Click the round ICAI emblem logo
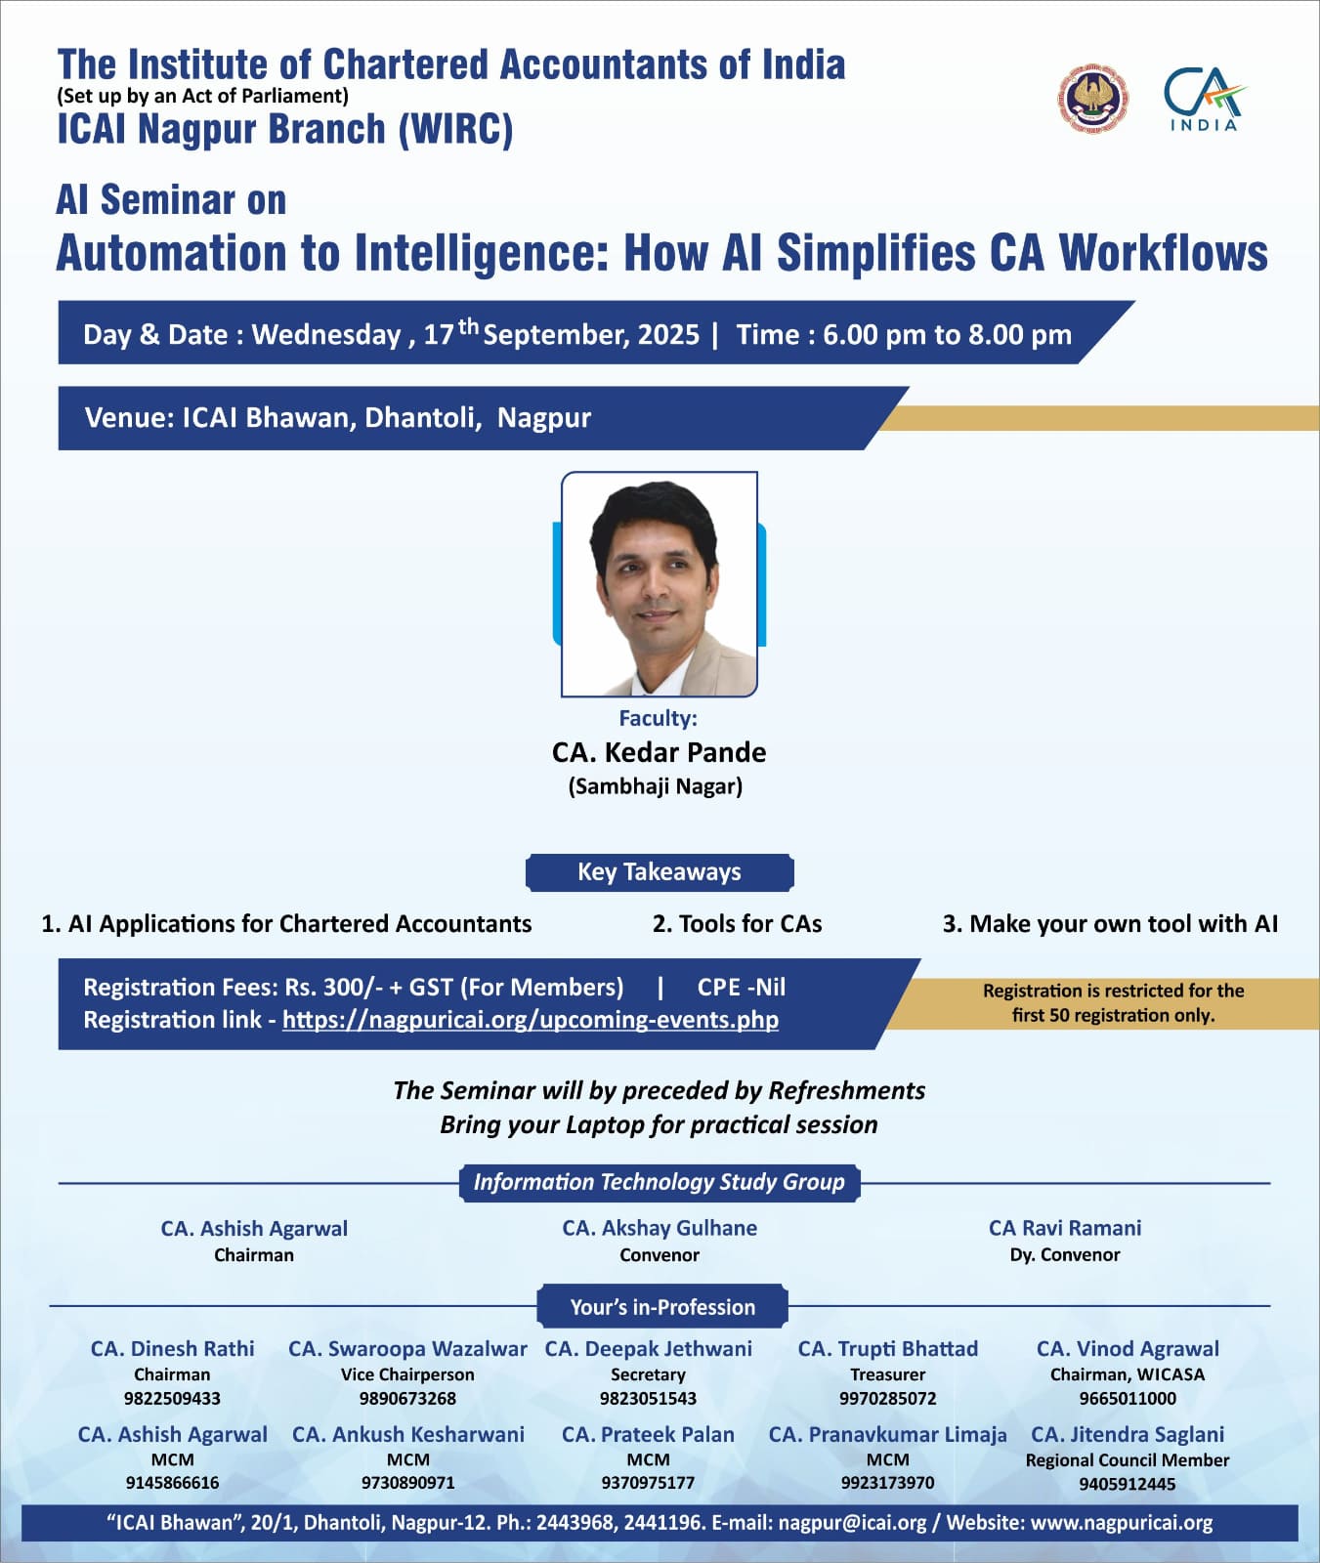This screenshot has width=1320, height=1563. point(1092,99)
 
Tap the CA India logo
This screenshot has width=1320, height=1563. point(1204,99)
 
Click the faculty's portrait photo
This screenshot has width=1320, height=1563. point(660,584)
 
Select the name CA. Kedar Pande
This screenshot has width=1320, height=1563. point(659,752)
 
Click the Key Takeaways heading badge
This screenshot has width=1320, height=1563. point(660,872)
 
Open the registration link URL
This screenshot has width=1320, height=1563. point(531,1020)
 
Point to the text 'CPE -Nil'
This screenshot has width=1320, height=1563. point(742,987)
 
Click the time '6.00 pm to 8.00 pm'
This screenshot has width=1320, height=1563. point(947,335)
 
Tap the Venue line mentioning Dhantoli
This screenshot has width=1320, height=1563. point(338,418)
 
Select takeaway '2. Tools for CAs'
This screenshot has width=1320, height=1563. point(737,924)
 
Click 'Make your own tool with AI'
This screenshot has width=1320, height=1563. point(1124,924)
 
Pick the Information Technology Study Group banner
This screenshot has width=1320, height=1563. point(660,1182)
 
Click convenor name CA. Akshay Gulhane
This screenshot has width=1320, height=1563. point(660,1228)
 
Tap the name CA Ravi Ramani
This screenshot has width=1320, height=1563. point(1065,1228)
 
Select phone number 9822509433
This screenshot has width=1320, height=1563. point(172,1398)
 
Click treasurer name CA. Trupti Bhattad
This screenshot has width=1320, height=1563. point(887,1349)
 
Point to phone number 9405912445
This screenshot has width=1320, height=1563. point(1128,1484)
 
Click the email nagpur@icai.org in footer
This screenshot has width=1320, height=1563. point(852,1523)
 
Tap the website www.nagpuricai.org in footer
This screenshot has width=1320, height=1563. point(1122,1523)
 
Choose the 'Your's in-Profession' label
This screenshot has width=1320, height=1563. point(662,1307)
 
